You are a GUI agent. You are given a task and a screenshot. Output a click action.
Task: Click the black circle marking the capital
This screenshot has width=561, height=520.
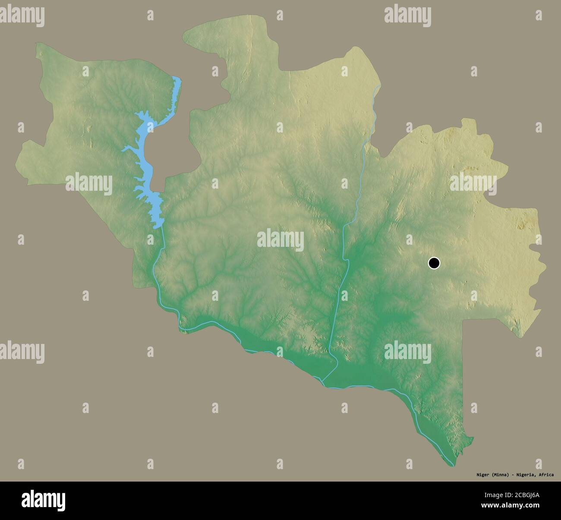[434, 262]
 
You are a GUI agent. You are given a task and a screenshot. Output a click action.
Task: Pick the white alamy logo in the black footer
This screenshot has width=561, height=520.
[43, 501]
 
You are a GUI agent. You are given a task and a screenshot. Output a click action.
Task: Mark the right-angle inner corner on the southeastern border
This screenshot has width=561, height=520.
[463, 321]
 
